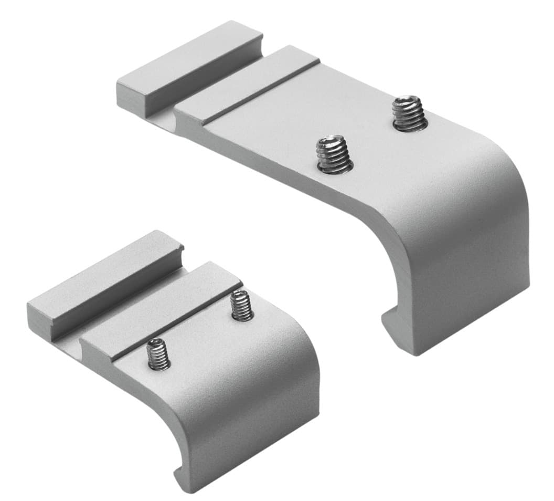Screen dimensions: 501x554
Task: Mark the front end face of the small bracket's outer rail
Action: [42, 313]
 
